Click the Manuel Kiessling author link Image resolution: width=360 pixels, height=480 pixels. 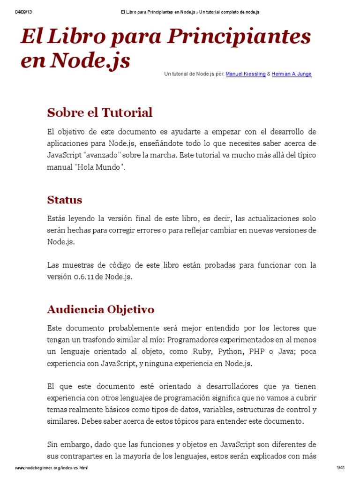(x=246, y=74)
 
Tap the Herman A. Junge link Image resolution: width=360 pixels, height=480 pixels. (x=291, y=74)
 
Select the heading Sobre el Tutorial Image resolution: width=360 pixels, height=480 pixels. (x=100, y=112)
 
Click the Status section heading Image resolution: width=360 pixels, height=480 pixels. (x=65, y=200)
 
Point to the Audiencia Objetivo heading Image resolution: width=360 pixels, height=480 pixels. (x=100, y=309)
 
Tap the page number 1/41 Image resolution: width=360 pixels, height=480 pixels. (x=340, y=468)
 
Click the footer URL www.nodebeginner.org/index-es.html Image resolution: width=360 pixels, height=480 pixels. (x=52, y=468)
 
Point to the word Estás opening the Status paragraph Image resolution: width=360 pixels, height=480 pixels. (x=56, y=218)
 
